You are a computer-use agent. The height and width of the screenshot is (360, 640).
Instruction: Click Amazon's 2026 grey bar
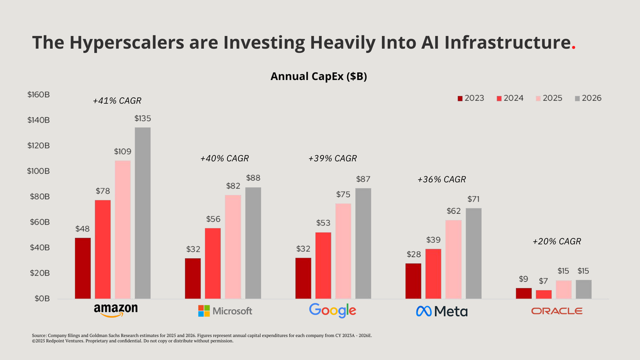[x=142, y=213]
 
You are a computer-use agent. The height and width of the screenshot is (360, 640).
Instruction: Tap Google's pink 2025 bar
[x=343, y=251]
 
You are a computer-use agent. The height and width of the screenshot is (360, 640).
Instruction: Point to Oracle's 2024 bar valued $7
[x=544, y=294]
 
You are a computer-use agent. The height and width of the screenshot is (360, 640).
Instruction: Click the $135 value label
[x=142, y=118]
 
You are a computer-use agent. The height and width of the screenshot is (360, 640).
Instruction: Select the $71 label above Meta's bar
[x=474, y=199]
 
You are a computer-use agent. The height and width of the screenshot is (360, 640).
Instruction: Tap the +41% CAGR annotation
[x=117, y=100]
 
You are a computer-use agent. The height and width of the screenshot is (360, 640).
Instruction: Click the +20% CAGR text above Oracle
[x=557, y=242]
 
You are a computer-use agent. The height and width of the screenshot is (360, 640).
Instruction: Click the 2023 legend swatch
[x=460, y=98]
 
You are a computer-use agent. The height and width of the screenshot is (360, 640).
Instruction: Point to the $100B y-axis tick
[x=39, y=171]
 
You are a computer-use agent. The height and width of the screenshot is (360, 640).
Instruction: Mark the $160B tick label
[x=39, y=95]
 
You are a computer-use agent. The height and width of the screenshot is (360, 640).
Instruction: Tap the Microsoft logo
[x=225, y=310]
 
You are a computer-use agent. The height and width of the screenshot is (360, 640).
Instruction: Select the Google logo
[x=332, y=310]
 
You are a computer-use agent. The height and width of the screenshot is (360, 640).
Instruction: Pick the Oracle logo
[x=557, y=311]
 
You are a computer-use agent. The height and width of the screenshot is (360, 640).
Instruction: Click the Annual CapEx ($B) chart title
[x=318, y=76]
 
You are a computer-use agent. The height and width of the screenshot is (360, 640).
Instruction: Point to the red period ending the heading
[x=573, y=48]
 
